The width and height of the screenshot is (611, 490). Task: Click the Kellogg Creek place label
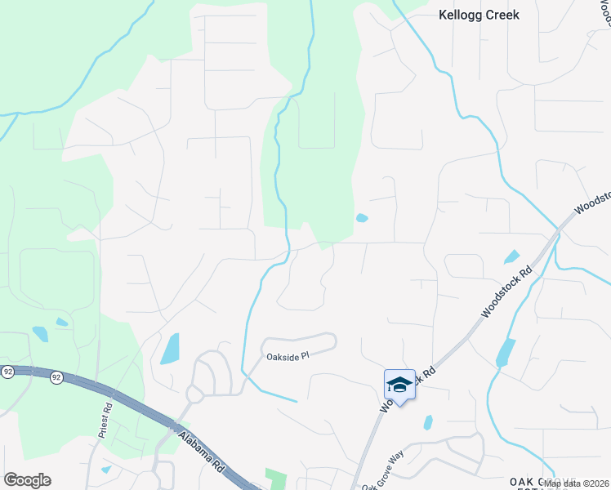[479, 15]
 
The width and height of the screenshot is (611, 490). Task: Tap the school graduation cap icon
[399, 384]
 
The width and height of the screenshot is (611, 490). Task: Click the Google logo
[27, 480]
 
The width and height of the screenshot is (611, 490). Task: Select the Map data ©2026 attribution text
[577, 483]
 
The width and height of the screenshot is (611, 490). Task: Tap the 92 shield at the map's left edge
[7, 372]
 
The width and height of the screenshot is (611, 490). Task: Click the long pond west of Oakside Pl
[170, 349]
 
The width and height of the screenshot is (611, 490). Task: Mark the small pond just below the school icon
[427, 422]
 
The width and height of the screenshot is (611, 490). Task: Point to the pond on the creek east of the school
[505, 352]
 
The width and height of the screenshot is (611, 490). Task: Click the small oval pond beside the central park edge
[362, 218]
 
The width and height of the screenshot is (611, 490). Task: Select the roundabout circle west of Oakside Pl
[195, 394]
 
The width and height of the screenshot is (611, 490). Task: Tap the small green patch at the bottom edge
[277, 479]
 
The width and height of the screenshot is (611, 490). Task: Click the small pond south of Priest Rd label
[106, 470]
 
